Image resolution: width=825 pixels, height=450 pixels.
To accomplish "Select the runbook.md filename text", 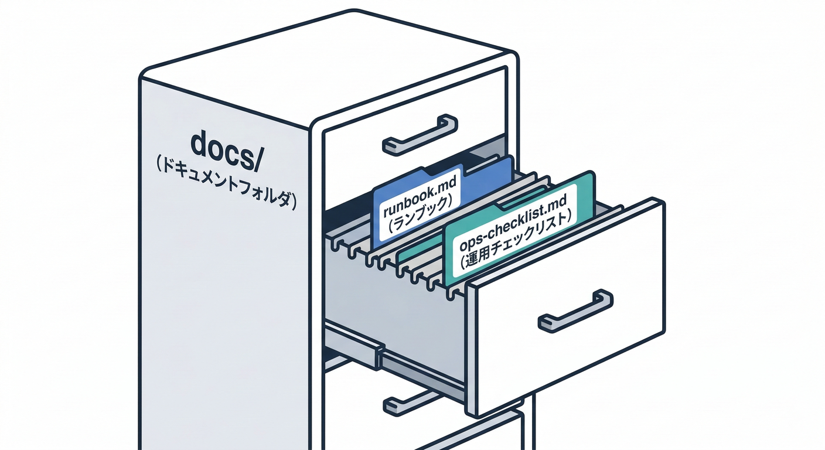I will point(418,202).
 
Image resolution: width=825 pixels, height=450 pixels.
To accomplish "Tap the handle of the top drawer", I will point(420,135).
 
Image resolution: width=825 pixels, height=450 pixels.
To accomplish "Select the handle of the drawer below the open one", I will point(410,402).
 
